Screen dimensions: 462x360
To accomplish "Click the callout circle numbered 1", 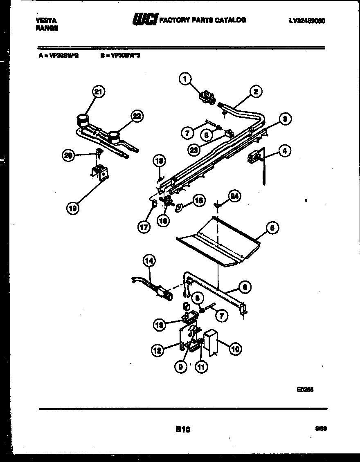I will click(x=186, y=78).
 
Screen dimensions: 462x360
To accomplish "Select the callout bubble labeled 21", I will click(x=98, y=92).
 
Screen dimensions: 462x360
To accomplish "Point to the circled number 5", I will click(x=271, y=228).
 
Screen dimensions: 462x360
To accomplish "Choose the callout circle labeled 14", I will click(x=149, y=260).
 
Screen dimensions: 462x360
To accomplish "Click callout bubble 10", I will click(x=235, y=349).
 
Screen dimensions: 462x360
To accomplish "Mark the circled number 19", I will click(x=73, y=209).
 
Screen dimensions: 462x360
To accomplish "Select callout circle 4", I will click(x=284, y=150).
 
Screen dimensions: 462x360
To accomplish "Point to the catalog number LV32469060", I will click(x=306, y=20).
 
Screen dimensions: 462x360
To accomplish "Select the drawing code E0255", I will click(x=305, y=390).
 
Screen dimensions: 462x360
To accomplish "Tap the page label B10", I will click(x=182, y=429).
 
